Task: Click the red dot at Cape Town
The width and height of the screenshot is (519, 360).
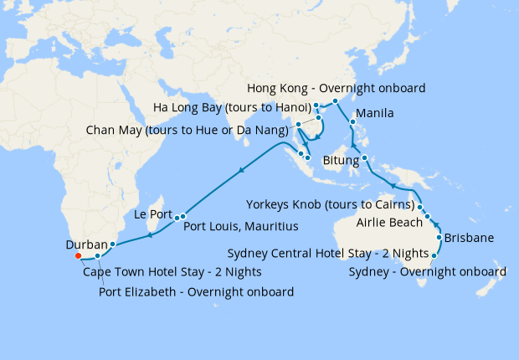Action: [x=77, y=255]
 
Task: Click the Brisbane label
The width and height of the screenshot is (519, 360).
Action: [x=469, y=238]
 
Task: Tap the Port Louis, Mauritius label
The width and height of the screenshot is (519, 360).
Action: [x=240, y=226]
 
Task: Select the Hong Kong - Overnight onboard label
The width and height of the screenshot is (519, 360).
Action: [x=337, y=89]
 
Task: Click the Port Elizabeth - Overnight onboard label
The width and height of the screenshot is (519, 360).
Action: [x=196, y=291]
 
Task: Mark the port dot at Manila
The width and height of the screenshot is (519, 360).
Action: [x=352, y=121]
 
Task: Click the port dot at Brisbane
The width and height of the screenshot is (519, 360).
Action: [x=439, y=238]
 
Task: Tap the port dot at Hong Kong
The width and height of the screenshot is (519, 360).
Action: [x=334, y=100]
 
